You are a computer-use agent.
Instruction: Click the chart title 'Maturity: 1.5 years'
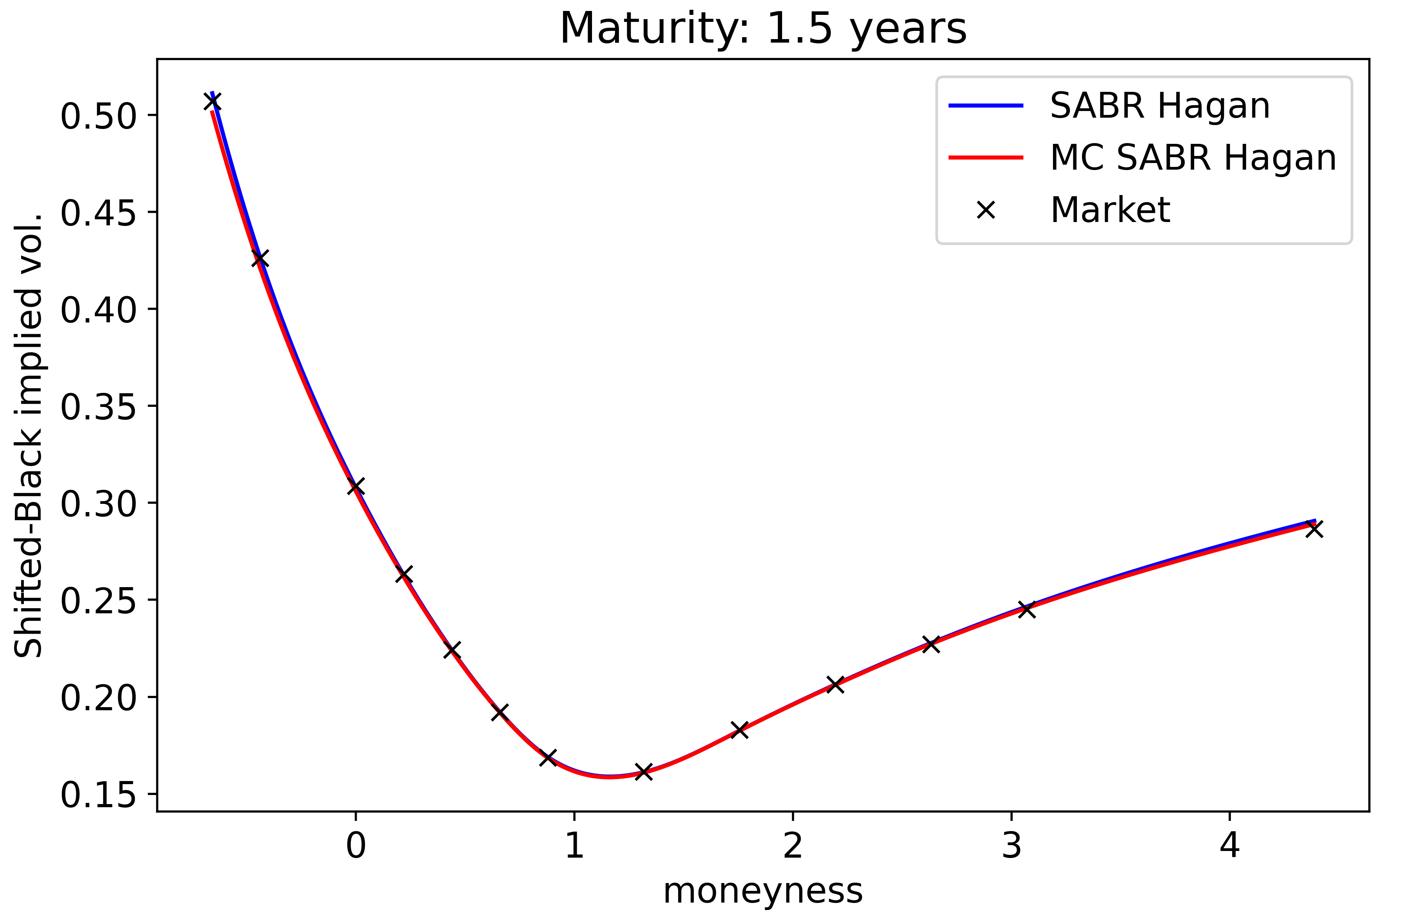(x=763, y=28)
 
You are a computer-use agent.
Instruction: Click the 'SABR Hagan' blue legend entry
(x=1159, y=106)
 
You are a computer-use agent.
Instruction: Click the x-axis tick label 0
(x=355, y=845)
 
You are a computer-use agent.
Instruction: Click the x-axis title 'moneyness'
(x=763, y=891)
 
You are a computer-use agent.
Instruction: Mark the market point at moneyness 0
(x=355, y=486)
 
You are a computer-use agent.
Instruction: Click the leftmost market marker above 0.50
(x=212, y=101)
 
